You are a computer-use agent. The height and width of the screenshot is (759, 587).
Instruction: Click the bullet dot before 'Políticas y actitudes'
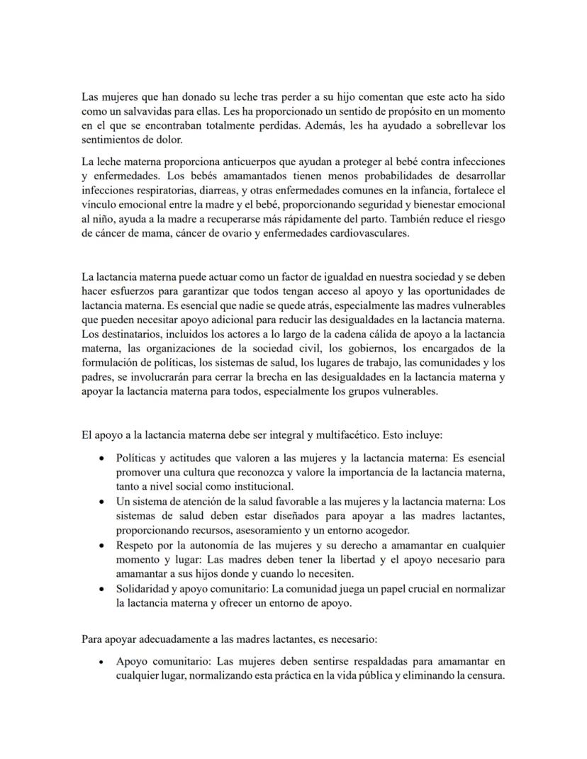[x=104, y=459]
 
